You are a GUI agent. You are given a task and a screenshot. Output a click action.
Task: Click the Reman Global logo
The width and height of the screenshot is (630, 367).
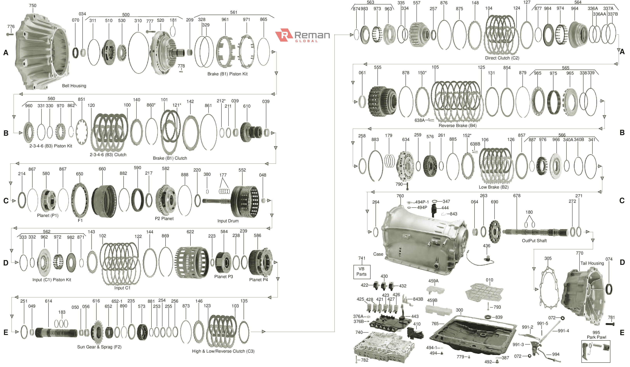(x=302, y=36)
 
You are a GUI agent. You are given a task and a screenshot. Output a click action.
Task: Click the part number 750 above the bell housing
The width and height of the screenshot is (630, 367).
(x=33, y=5)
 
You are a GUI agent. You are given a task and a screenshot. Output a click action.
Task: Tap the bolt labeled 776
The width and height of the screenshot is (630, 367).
(x=10, y=34)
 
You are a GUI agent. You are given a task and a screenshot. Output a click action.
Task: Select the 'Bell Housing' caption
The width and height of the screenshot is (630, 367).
(x=74, y=86)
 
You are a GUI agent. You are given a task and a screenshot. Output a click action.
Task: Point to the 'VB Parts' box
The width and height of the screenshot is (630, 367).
(x=361, y=271)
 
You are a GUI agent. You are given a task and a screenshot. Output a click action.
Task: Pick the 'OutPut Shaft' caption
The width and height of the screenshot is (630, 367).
(x=534, y=241)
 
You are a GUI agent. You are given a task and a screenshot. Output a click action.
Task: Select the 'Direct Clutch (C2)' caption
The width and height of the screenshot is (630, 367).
(x=502, y=58)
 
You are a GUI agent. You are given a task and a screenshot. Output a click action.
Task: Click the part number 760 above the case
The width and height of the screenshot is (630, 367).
(x=400, y=196)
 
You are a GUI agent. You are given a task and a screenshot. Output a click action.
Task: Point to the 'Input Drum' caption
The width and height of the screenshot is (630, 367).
(x=228, y=221)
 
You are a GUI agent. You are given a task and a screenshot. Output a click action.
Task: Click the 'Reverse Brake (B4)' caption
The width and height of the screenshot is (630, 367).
(x=457, y=125)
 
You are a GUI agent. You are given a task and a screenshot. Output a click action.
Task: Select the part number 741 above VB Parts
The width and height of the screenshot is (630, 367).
(x=362, y=258)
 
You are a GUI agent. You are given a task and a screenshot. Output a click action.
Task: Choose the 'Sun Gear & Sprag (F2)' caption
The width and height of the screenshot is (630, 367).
(x=99, y=347)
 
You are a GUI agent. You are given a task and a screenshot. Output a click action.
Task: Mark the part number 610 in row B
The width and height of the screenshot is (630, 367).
(x=247, y=106)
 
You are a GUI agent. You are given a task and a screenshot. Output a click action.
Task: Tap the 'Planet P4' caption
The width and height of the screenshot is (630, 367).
(x=258, y=280)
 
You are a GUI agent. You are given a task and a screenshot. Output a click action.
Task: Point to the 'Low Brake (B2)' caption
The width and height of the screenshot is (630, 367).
(x=494, y=187)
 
